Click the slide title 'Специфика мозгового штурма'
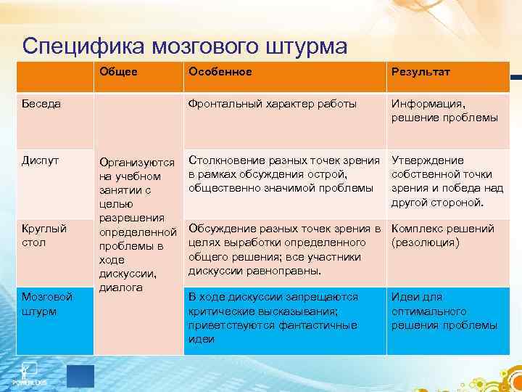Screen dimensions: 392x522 coord(185,45)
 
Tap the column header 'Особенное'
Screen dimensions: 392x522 coord(220,72)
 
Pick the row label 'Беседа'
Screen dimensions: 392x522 coord(41,104)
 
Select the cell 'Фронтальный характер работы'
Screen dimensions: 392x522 coord(272,104)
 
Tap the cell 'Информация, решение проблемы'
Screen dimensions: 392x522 coord(444,111)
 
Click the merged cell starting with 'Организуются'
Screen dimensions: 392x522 coord(136,225)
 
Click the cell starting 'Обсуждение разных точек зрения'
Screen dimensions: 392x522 coord(283,249)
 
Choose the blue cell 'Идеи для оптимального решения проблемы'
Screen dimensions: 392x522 coord(444,311)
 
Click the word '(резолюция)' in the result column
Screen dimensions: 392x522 coord(425,242)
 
